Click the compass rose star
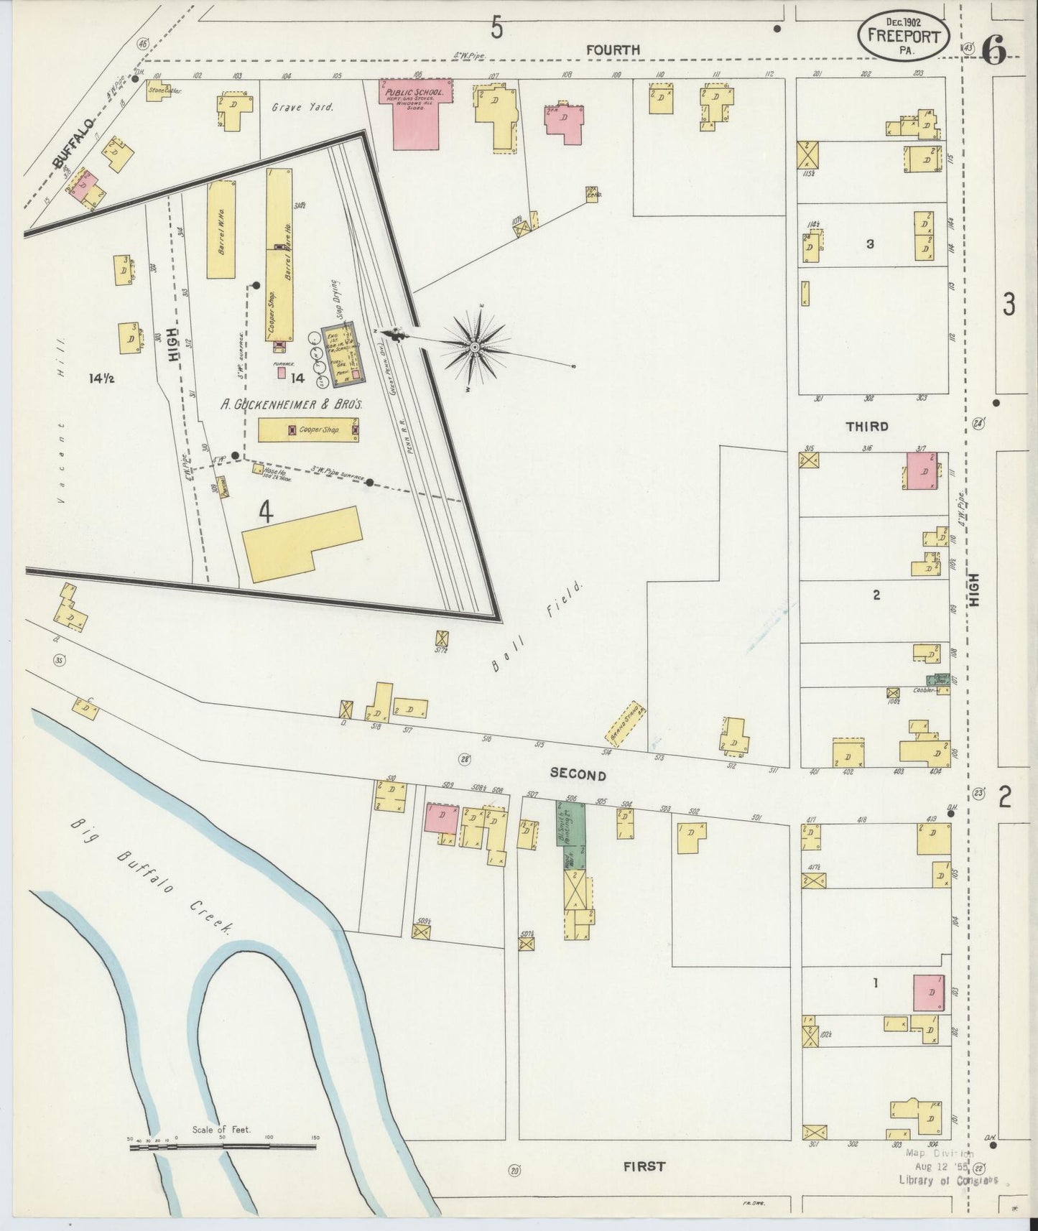coord(475,348)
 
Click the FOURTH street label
coord(612,50)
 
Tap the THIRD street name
coord(866,426)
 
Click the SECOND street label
coord(578,774)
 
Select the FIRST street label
coord(644,1166)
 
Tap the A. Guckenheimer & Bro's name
coord(291,404)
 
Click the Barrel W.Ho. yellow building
coord(221,230)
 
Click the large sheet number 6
coord(993,49)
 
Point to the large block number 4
coord(266,511)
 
